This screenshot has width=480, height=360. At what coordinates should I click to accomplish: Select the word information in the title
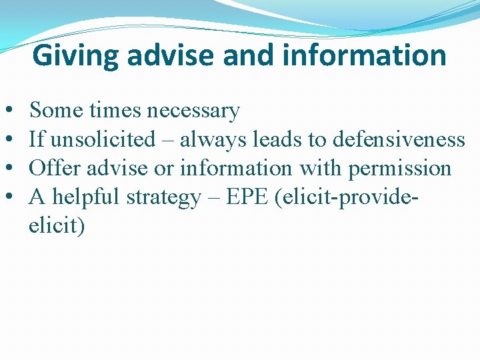364,56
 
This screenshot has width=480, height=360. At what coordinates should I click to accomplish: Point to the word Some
53,109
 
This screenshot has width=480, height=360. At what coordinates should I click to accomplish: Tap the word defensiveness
398,139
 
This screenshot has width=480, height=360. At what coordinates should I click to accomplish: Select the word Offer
51,168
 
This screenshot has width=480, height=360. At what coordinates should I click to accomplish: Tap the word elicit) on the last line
57,226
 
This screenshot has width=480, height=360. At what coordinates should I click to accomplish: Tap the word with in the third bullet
320,168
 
